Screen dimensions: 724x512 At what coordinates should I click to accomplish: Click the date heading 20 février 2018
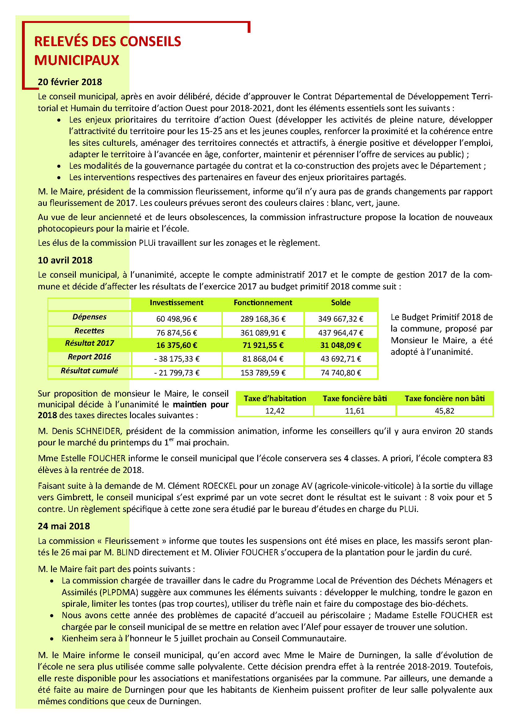[70, 82]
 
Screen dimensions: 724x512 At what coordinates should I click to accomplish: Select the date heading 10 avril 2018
[65, 260]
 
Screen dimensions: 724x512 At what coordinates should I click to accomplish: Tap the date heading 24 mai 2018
[64, 526]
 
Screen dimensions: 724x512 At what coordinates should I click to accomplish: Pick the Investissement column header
[176, 303]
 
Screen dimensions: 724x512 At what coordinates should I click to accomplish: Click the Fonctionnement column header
[263, 303]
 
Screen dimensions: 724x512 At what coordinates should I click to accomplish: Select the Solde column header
[341, 303]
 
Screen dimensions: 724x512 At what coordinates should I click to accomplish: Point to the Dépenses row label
[89, 317]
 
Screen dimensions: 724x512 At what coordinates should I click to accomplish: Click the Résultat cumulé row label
[89, 371]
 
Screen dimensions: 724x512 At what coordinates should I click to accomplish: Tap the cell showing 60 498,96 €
[176, 319]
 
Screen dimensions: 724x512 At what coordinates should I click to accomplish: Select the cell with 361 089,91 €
[263, 333]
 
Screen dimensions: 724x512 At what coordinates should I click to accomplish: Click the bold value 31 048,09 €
[341, 345]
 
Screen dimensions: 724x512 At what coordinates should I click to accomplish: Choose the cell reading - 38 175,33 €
[176, 359]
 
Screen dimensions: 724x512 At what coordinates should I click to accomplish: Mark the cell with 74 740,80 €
[341, 373]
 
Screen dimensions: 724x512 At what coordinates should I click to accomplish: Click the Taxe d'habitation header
[275, 399]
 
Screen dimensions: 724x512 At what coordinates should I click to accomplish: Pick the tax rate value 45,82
[444, 411]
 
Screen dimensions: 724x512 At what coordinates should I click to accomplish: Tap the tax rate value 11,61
[355, 411]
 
